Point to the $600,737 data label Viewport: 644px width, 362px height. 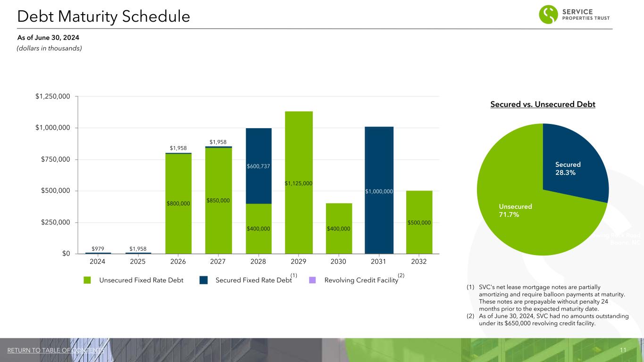tap(259, 166)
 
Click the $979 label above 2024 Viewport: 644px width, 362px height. tap(98, 247)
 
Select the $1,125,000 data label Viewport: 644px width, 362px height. tap(299, 183)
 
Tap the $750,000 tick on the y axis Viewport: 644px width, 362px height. tap(53, 159)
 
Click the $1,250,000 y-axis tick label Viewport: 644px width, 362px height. tap(53, 97)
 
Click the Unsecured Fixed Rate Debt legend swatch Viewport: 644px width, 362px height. tap(87, 280)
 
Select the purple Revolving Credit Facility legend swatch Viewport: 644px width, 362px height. tap(312, 280)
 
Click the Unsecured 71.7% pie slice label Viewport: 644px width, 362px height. tap(515, 210)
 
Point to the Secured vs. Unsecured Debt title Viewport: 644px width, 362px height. tap(543, 104)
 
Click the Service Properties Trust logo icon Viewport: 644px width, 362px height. tap(548, 15)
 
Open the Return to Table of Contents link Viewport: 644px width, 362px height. tap(56, 350)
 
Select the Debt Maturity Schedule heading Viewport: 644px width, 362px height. tap(103, 16)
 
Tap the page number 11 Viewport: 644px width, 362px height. tap(623, 350)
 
